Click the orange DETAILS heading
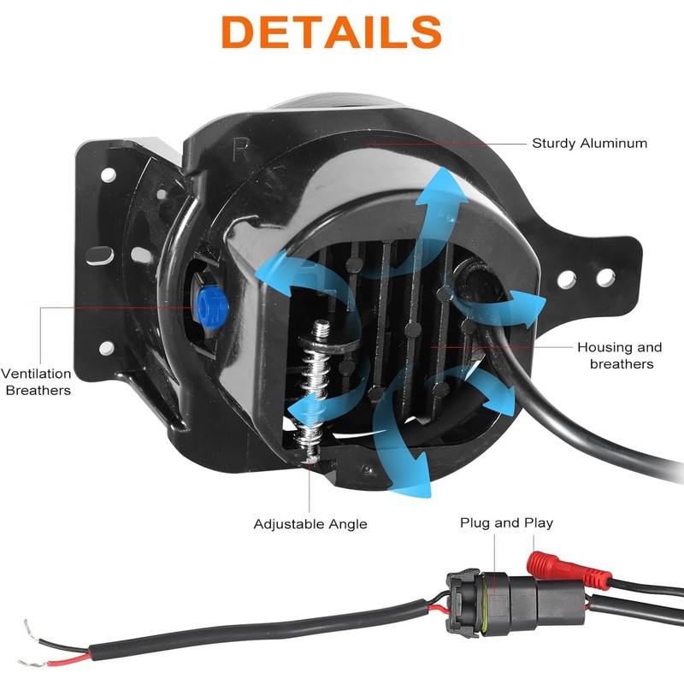(342, 32)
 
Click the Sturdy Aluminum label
(589, 143)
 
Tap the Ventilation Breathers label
(35, 381)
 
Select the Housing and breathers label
(619, 355)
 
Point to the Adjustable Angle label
(310, 523)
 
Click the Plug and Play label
(506, 522)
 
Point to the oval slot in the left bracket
(101, 254)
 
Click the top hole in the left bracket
(109, 174)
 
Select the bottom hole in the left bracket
(106, 348)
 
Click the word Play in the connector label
(537, 522)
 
